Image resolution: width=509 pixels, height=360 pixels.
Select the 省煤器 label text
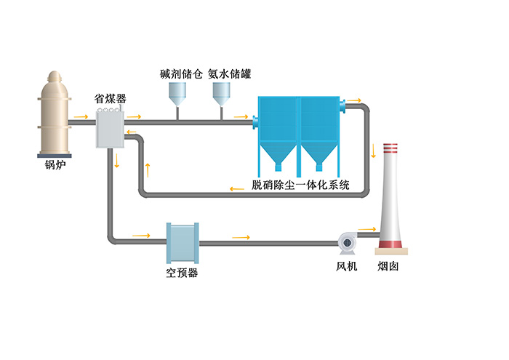tap(111, 97)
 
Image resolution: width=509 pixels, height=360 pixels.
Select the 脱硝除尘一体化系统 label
tap(300, 185)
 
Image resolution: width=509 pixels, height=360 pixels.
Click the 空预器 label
tap(182, 273)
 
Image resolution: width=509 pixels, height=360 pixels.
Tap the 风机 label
tap(346, 266)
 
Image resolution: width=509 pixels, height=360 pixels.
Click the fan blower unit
tap(346, 242)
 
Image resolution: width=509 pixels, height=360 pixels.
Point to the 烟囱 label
tap(388, 266)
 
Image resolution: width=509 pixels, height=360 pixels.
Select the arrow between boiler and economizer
tap(81, 116)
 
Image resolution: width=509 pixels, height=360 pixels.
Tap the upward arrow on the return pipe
tap(148, 169)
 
